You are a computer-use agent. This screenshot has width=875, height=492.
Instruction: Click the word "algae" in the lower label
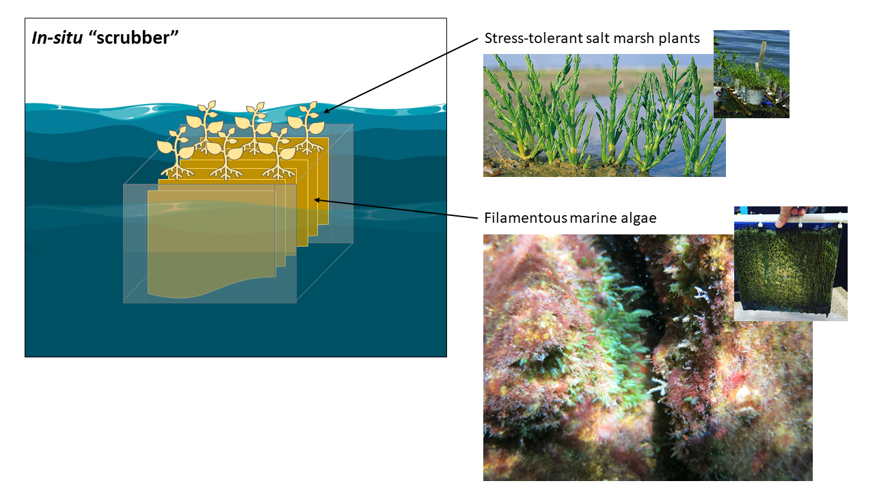coord(638,219)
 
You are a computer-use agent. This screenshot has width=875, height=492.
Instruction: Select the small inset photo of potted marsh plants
coord(751,74)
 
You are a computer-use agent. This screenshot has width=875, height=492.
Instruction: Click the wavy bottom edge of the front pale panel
coord(205,292)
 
